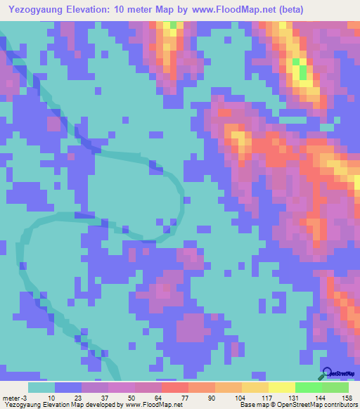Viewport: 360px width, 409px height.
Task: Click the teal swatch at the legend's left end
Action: click(41, 387)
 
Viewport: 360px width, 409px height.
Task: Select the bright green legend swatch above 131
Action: click(308, 387)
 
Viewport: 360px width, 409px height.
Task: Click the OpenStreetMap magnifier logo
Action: click(327, 373)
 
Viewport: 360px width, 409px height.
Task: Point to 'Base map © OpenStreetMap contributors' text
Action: click(297, 405)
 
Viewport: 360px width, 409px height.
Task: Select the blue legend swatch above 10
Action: click(67, 387)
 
